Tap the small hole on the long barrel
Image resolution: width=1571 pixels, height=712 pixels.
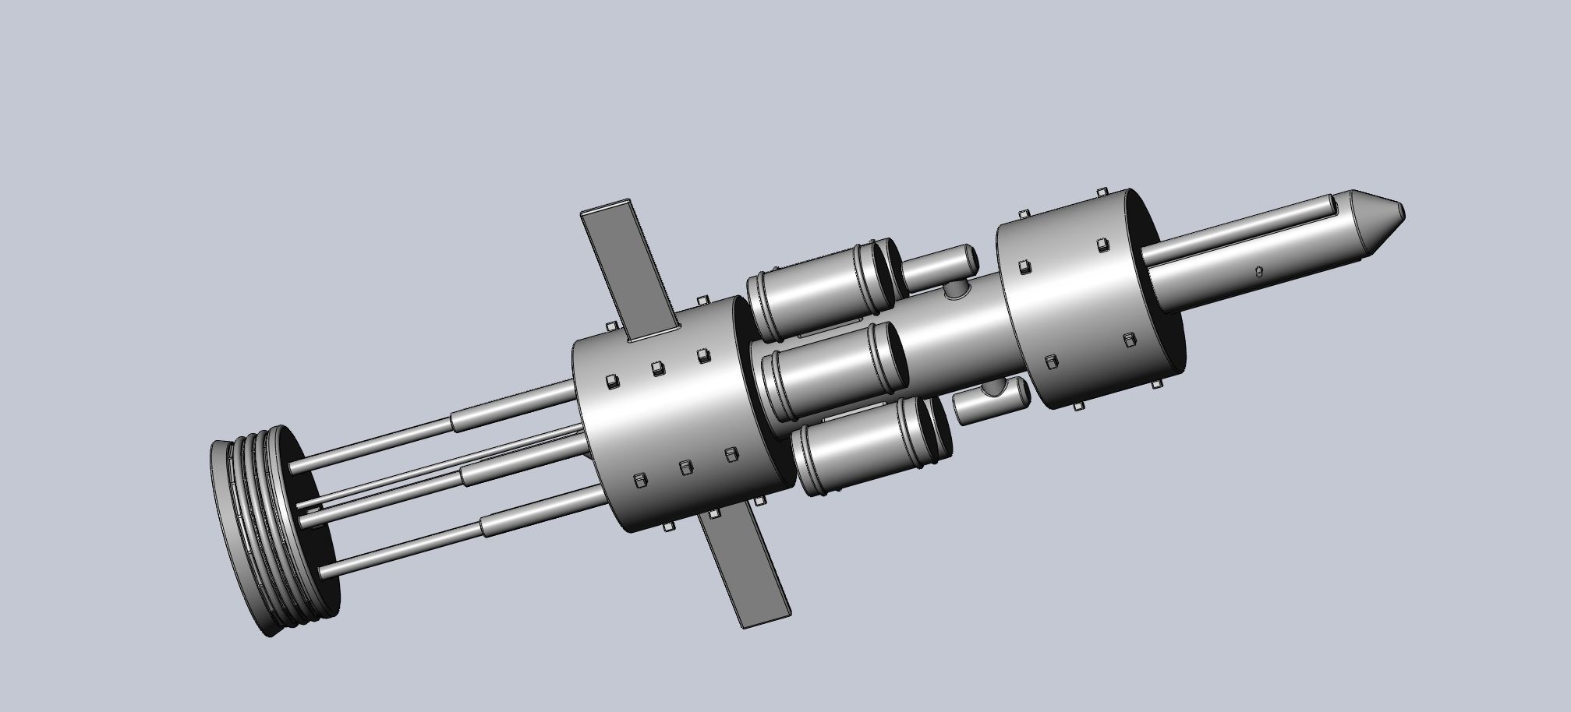(1259, 271)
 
